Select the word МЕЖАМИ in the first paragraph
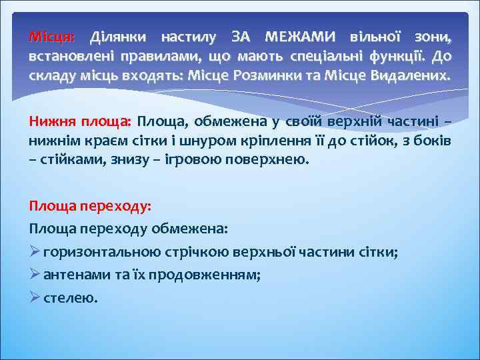pyautogui.click(x=298, y=35)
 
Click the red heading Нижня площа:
pyautogui.click(x=80, y=122)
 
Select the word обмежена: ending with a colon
pyautogui.click(x=191, y=229)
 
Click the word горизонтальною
pyautogui.click(x=100, y=252)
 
